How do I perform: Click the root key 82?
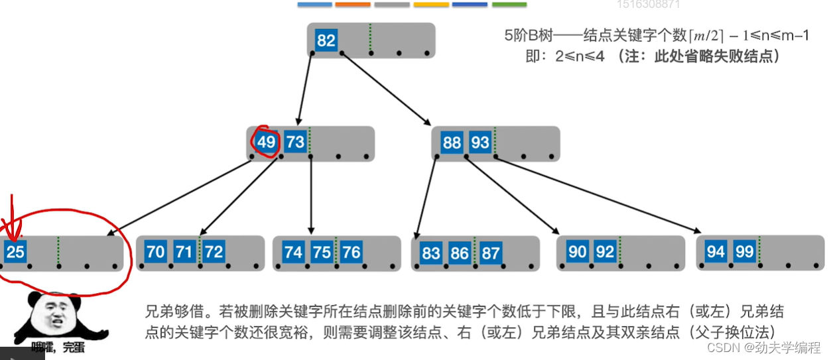point(326,41)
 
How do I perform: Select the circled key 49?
point(266,143)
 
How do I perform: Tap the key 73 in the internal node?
point(295,143)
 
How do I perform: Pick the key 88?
point(452,143)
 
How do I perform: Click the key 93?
point(480,143)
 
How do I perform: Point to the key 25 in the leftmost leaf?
point(15,252)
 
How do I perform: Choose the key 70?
point(155,252)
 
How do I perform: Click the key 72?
point(214,252)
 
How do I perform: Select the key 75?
point(322,252)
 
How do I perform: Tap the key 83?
point(430,253)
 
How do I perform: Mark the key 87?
point(491,253)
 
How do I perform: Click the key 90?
point(578,252)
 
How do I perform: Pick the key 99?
point(745,252)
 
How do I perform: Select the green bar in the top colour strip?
point(509,5)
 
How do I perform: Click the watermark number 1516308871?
point(648,4)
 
